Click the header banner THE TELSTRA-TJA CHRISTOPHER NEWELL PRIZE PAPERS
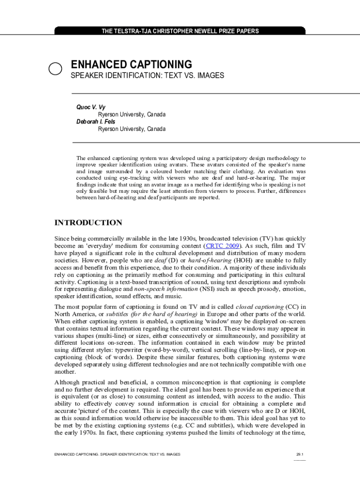(180, 31)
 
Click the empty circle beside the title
(56, 68)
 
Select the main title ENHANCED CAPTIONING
(131, 65)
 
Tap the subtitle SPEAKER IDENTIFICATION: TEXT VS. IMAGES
(147, 75)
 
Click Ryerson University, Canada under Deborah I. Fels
(131, 129)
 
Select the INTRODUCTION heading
(88, 223)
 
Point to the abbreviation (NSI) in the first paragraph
(208, 289)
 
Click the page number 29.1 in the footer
(300, 454)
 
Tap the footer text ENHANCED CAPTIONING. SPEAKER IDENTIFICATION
(117, 454)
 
